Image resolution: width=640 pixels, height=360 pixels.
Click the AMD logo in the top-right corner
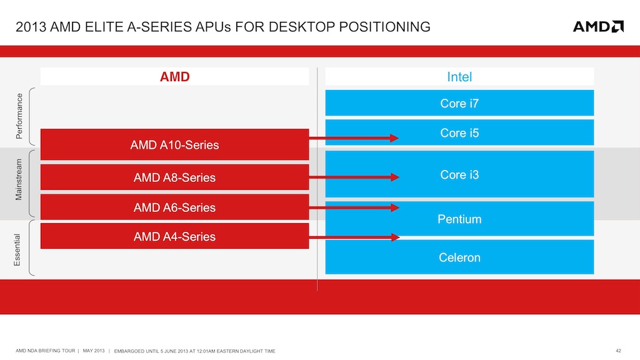[x=598, y=26]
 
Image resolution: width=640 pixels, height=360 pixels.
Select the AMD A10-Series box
[x=174, y=144]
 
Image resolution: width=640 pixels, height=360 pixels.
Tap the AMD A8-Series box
[x=174, y=177]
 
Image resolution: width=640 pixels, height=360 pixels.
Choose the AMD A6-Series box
[x=174, y=207]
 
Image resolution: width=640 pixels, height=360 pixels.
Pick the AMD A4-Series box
[x=174, y=236]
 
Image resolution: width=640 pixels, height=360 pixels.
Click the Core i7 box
[x=459, y=103]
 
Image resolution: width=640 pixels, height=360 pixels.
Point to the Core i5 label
[x=459, y=132]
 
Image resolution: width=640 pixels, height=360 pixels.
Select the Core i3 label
[x=459, y=174]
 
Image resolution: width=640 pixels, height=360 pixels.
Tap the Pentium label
[x=459, y=219]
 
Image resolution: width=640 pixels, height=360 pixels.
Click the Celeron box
[x=459, y=257]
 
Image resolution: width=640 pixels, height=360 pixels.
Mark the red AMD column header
[x=174, y=77]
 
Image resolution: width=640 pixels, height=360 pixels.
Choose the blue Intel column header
[x=459, y=77]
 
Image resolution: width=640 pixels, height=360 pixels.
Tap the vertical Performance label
[x=19, y=116]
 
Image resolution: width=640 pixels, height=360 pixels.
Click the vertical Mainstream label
[x=19, y=179]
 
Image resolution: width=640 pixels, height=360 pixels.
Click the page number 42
[x=619, y=349]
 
